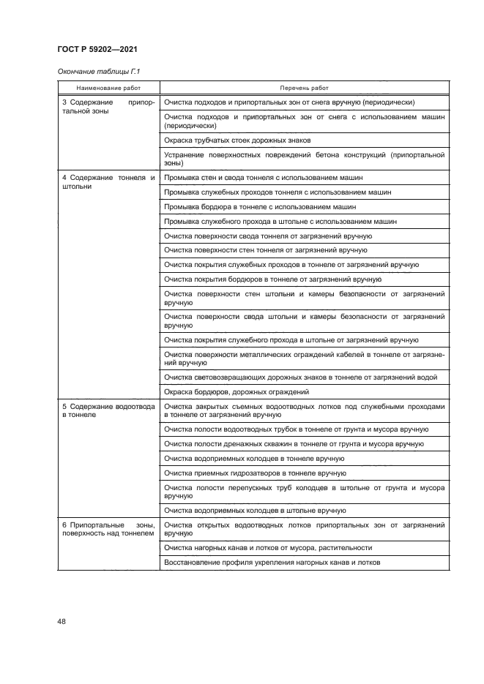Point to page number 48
click(x=62, y=622)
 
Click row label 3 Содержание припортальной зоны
click(x=108, y=108)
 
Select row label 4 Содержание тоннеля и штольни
click(x=108, y=182)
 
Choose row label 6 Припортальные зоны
click(x=108, y=530)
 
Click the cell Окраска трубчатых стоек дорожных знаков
click(x=238, y=139)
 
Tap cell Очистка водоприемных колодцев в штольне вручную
click(x=255, y=510)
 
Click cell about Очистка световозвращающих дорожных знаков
click(x=301, y=377)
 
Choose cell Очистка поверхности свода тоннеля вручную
click(x=269, y=236)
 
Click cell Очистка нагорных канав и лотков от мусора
click(x=268, y=547)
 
